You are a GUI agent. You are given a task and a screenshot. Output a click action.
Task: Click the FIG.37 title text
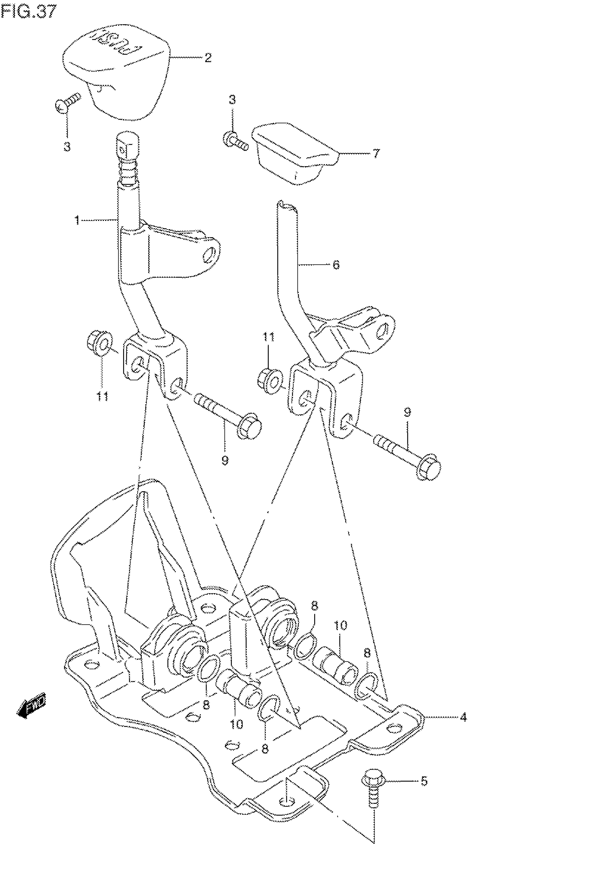[x=28, y=12]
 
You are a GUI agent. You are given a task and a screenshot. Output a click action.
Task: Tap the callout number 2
[x=207, y=58]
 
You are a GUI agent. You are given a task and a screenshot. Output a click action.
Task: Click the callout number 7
[x=375, y=154]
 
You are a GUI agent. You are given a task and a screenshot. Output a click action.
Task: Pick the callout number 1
[x=77, y=220]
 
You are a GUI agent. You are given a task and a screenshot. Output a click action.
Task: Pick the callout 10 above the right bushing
[x=341, y=625]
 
